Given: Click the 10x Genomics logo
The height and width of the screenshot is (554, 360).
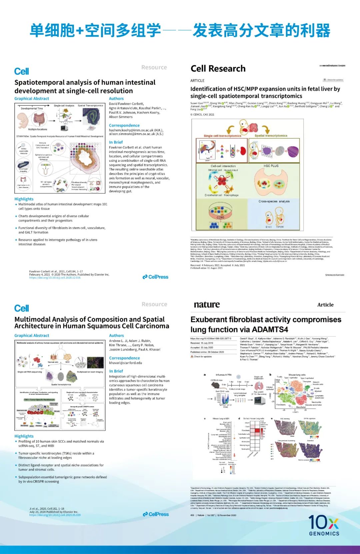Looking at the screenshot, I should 324,525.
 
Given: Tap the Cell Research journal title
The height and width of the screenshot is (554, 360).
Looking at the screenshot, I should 218,69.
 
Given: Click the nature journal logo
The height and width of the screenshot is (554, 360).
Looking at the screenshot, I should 207,305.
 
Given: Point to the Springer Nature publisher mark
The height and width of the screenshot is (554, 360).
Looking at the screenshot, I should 335,275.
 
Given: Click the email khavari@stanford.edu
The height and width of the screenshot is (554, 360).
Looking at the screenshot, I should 125,363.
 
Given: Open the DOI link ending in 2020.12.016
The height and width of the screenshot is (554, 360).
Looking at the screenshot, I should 55,278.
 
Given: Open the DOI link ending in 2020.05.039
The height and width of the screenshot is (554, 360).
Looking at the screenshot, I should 55,515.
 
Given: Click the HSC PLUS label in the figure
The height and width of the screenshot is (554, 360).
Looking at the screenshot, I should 271,166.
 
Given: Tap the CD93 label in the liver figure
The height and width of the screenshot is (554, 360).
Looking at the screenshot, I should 220,217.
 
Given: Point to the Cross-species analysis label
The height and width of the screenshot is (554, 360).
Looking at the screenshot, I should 274,201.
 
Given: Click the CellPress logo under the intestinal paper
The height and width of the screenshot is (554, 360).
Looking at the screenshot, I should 155,277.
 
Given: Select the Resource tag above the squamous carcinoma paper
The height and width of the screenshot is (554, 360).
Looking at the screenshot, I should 154,304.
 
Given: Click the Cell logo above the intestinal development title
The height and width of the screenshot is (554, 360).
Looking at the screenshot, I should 22,71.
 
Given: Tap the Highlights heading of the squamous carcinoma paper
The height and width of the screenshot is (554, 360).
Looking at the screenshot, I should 24,436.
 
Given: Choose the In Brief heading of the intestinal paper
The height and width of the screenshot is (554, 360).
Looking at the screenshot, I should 116,142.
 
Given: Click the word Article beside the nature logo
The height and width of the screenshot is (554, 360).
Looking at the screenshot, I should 325,305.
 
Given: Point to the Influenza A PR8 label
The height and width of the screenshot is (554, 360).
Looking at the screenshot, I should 223,375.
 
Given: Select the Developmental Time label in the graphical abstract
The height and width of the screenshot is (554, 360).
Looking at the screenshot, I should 32,108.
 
